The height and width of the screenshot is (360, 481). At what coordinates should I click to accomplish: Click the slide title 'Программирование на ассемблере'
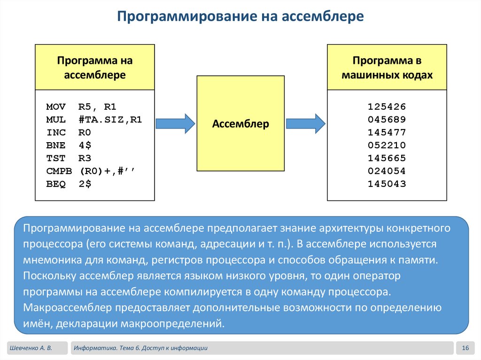click(x=240, y=17)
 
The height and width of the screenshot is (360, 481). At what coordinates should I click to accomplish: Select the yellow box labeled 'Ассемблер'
click(x=240, y=124)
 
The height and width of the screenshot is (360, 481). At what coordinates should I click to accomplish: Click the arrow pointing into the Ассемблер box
click(x=175, y=123)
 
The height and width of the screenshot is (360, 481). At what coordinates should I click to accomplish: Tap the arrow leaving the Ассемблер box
click(x=305, y=123)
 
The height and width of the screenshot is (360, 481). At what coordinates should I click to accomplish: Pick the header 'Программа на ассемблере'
click(x=95, y=68)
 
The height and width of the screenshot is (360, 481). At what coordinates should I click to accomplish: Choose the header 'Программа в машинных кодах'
click(x=387, y=68)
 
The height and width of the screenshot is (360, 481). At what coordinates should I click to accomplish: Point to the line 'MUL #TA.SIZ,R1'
click(x=94, y=119)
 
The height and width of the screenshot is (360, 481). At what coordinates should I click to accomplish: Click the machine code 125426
click(x=387, y=107)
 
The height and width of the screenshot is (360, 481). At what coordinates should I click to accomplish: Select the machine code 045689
click(x=387, y=119)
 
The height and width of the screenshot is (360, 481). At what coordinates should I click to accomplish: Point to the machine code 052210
click(x=387, y=145)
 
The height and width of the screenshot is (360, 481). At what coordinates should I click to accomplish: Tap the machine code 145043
click(x=387, y=184)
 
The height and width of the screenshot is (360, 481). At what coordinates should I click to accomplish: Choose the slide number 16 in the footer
click(x=466, y=348)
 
